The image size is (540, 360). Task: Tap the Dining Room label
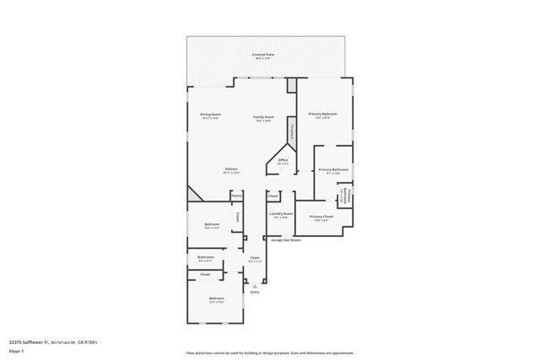(210, 115)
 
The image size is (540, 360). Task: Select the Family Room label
(264, 117)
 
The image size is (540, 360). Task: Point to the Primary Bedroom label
(322, 114)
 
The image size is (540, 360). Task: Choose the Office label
(283, 159)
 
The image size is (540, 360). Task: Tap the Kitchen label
(231, 169)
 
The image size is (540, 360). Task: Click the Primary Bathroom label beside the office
(333, 169)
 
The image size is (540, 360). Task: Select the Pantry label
(237, 196)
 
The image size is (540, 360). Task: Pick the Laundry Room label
(281, 214)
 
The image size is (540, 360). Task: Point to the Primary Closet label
(321, 217)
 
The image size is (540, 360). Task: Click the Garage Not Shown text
(286, 240)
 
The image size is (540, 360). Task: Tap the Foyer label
(255, 258)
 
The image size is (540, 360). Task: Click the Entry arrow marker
(255, 286)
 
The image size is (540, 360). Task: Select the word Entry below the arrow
(255, 293)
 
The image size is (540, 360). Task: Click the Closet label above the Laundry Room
(273, 196)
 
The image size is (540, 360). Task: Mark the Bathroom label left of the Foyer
(206, 257)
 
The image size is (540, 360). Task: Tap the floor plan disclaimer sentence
(270, 353)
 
